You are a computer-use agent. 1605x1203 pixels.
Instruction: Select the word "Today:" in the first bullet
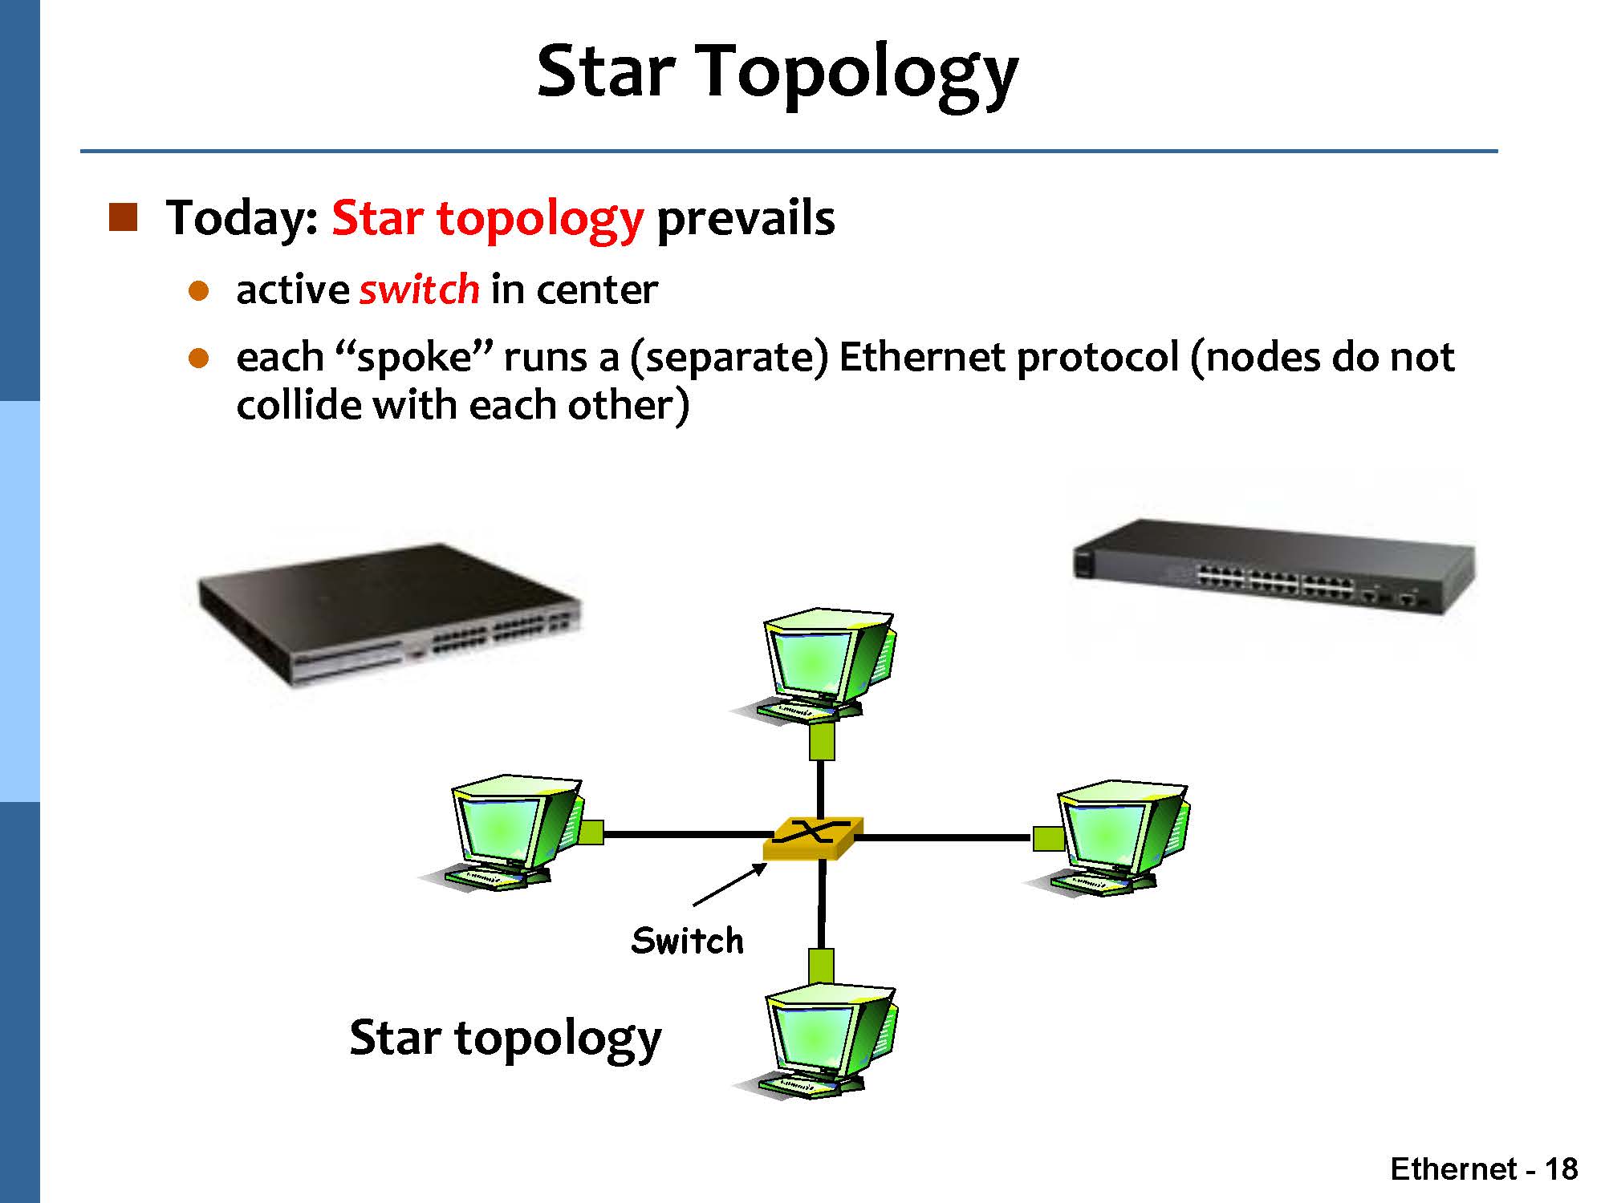pos(242,218)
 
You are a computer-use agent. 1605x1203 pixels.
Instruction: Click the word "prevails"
pos(746,218)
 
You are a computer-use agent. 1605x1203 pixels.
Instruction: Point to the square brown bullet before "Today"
pos(123,217)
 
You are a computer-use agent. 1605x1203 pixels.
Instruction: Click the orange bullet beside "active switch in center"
pos(199,290)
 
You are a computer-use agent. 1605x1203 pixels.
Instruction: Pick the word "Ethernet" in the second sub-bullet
pos(921,357)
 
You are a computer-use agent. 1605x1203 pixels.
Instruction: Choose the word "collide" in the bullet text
pos(299,405)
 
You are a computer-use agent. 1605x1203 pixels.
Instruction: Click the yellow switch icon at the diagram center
pos(813,838)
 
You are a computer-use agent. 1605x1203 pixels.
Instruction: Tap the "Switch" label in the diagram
pos(688,941)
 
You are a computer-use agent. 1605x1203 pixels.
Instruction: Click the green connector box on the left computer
pos(591,832)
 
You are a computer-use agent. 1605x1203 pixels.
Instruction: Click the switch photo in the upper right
pos(1274,567)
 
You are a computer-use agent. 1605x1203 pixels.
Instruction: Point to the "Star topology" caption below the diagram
pos(506,1039)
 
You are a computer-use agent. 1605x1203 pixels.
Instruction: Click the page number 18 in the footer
pos(1561,1169)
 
